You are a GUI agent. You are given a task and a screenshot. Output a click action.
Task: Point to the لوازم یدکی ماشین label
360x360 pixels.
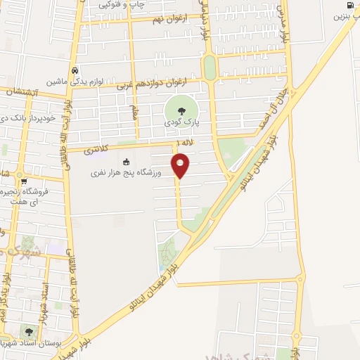coord(75,82)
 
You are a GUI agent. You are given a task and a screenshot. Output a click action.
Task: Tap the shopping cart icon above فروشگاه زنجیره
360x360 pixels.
coord(24,181)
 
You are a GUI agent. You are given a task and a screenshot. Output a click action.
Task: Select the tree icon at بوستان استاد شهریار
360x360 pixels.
coord(29,332)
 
